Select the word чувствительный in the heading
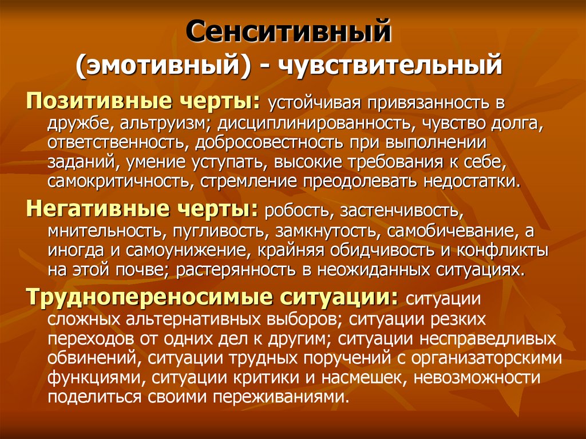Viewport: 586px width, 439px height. click(x=394, y=65)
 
